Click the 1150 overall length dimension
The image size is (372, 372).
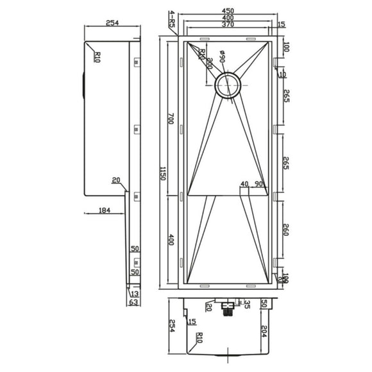coord(164,174)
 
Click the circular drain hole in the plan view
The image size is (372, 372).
coord(229,86)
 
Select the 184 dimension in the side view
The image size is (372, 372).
coord(106,210)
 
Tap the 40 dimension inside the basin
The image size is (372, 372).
coord(244,185)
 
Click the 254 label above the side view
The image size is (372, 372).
coord(112,24)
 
